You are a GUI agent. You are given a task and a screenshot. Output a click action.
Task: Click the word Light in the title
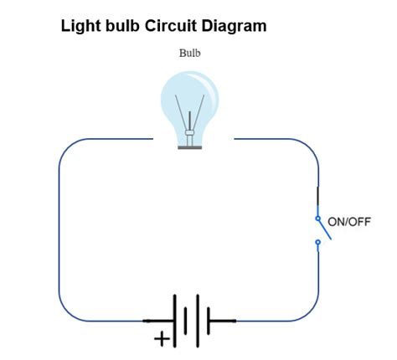point(80,26)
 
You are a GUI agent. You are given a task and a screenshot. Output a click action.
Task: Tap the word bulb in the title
point(122,26)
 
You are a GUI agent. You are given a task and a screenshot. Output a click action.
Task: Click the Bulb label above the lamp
point(190,53)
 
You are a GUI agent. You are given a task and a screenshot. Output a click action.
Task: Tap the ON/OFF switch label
point(349,222)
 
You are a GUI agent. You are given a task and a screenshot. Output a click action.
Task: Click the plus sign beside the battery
point(159,339)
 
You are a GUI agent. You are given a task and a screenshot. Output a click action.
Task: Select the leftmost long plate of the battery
point(175,321)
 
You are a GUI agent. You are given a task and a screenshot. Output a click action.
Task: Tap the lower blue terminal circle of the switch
point(317,243)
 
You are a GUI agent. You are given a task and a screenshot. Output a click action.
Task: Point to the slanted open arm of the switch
point(325,229)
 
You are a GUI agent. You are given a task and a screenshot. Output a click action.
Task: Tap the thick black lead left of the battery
point(158,321)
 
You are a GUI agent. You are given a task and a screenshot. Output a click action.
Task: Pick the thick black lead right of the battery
point(222,321)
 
